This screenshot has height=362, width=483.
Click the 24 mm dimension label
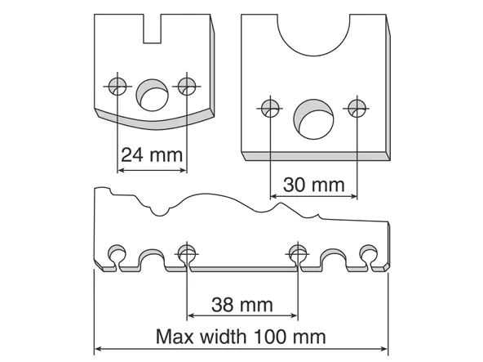pyautogui.click(x=152, y=155)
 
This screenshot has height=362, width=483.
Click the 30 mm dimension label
pyautogui.click(x=313, y=185)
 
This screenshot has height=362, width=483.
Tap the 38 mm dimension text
pyautogui.click(x=242, y=305)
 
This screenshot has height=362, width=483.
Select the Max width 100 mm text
pyautogui.click(x=241, y=337)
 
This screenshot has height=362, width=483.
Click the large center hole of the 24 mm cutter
pyautogui.click(x=153, y=95)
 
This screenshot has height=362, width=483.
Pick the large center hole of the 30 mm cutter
pyautogui.click(x=313, y=119)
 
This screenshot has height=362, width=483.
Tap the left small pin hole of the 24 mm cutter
pyautogui.click(x=117, y=87)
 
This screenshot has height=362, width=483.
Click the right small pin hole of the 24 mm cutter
pyautogui.click(x=187, y=87)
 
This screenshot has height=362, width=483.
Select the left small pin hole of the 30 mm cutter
pyautogui.click(x=270, y=109)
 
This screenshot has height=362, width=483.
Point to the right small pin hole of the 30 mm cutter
pyautogui.click(x=357, y=109)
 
